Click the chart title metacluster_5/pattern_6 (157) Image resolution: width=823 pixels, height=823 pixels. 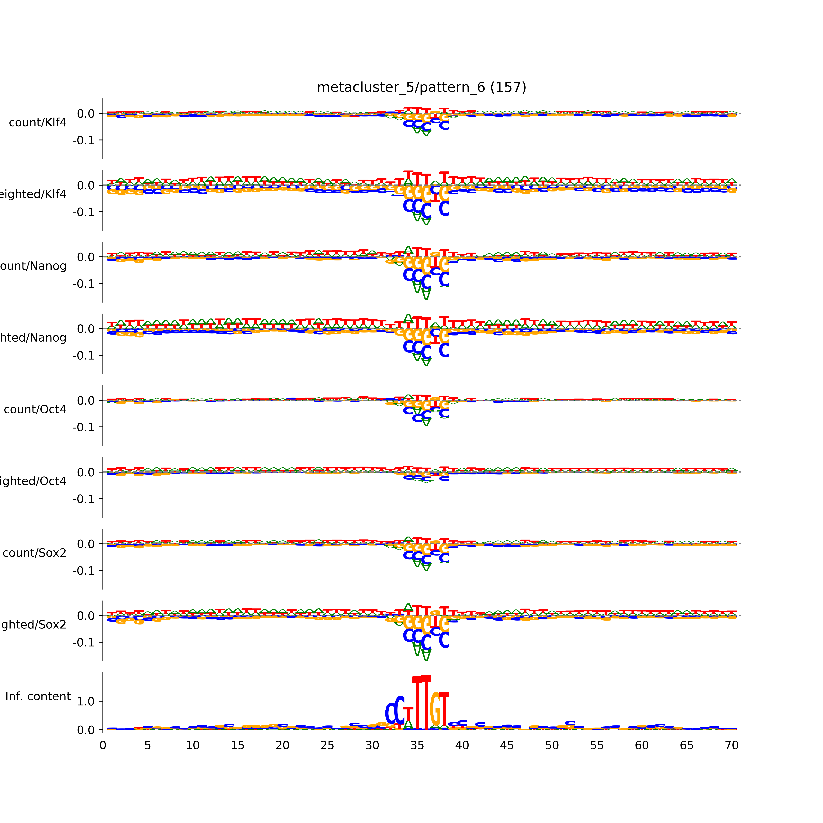click(x=421, y=87)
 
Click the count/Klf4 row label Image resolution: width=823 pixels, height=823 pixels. click(x=37, y=123)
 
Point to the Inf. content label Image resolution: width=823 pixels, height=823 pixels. click(x=38, y=697)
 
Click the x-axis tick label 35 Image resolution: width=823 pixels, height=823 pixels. click(x=417, y=746)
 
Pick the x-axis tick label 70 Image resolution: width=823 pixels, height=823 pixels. click(x=731, y=746)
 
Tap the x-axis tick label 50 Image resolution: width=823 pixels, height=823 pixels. click(x=552, y=746)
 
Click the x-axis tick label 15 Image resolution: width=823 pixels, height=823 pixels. click(x=237, y=746)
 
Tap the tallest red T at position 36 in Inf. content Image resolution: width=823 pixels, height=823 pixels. click(x=426, y=703)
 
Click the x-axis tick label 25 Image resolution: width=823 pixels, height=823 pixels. click(x=327, y=746)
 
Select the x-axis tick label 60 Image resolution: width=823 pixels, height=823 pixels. click(x=642, y=746)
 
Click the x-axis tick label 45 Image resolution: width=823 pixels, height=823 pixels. click(x=507, y=746)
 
